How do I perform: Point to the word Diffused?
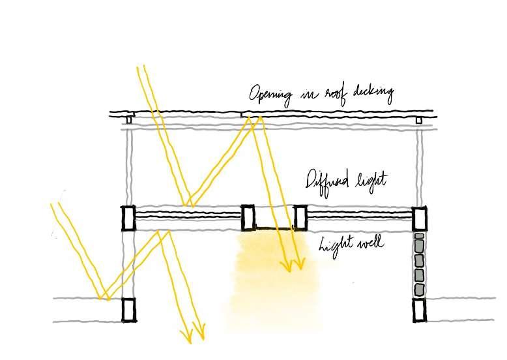330,179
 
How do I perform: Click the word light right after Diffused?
371,181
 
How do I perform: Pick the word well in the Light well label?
368,245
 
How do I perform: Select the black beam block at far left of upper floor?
128,217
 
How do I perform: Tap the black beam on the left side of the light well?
248,217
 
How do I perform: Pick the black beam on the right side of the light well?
300,217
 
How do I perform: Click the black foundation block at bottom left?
130,310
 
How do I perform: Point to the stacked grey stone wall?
419,264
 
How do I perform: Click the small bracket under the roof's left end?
128,120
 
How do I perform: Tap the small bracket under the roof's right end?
418,120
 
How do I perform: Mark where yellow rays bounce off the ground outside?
102,298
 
